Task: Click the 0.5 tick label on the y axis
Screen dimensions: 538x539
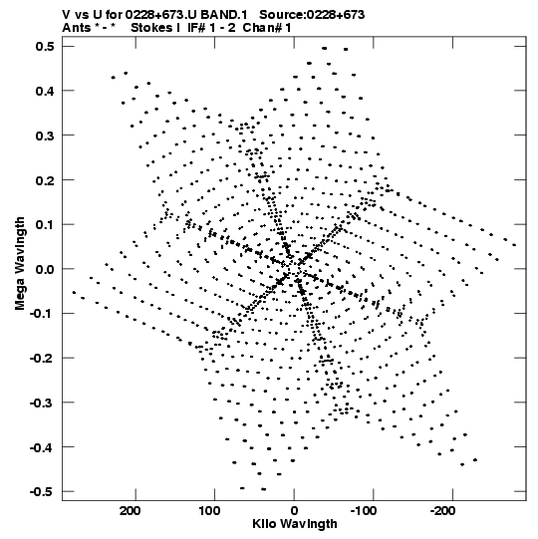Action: pos(45,46)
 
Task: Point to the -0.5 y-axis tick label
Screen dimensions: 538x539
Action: pos(42,491)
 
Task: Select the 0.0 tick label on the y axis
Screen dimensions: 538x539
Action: pos(45,269)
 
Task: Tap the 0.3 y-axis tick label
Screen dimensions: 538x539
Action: pos(45,135)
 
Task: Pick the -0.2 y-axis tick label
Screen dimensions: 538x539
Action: pos(42,359)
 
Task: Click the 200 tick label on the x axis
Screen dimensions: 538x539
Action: pos(130,511)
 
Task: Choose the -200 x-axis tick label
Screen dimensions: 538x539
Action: pos(442,511)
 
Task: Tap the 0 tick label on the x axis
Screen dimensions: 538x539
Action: pos(294,511)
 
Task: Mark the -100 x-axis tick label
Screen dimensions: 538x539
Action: pos(364,511)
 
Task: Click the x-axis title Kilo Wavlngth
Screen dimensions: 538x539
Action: pos(295,524)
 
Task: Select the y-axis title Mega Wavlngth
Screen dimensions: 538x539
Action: pos(20,264)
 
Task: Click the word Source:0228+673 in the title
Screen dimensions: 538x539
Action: pos(312,15)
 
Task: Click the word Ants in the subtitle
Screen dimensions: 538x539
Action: pos(76,28)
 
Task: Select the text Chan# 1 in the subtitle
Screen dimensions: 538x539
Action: pos(267,28)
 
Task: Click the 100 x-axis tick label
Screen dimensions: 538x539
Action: pos(209,511)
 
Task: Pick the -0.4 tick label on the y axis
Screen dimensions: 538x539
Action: pos(42,447)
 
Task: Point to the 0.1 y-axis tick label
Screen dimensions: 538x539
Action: pos(45,224)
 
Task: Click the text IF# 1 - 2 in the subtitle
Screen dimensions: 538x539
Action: pos(211,28)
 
